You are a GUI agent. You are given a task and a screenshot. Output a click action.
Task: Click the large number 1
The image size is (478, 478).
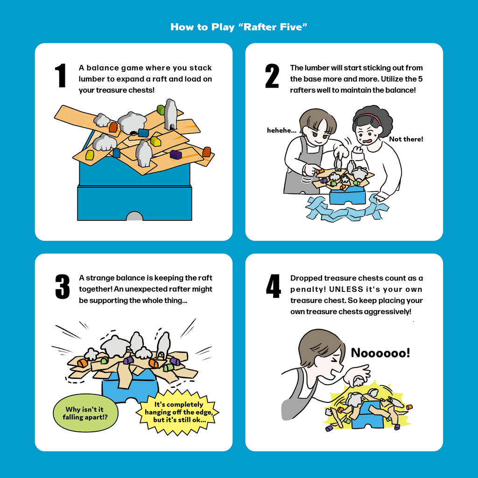[61, 75]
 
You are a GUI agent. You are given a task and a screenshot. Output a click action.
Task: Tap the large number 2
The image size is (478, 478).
[272, 76]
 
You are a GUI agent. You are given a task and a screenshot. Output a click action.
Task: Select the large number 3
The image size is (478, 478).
[63, 287]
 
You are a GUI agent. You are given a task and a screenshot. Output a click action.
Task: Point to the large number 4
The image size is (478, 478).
[274, 286]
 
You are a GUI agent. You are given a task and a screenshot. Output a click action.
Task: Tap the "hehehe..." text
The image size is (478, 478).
[281, 131]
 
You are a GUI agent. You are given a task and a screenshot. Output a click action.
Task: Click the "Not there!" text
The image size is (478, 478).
[406, 139]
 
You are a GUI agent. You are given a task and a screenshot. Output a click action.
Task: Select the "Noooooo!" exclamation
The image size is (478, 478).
[380, 353]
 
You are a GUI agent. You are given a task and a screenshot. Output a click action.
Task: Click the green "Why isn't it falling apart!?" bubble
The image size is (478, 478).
[86, 413]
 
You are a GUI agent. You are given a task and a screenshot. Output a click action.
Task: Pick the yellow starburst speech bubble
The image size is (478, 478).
[177, 412]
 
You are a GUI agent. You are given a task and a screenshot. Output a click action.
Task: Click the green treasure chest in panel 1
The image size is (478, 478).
[161, 110]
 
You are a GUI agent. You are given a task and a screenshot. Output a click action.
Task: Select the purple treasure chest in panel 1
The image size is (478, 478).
[176, 155]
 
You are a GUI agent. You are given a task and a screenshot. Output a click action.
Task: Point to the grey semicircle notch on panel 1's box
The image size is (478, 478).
[134, 216]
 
